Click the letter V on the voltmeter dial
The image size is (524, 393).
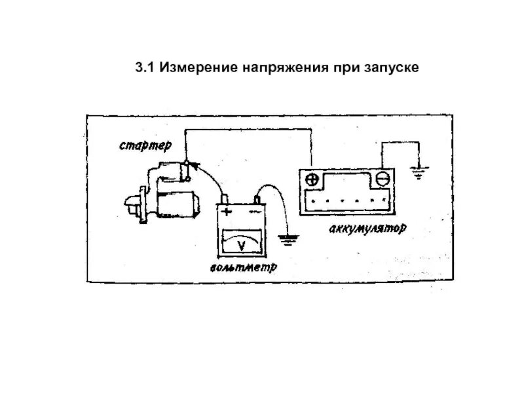pos(240,246)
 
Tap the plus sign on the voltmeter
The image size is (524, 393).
pos(227,212)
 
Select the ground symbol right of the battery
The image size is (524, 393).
pos(418,173)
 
